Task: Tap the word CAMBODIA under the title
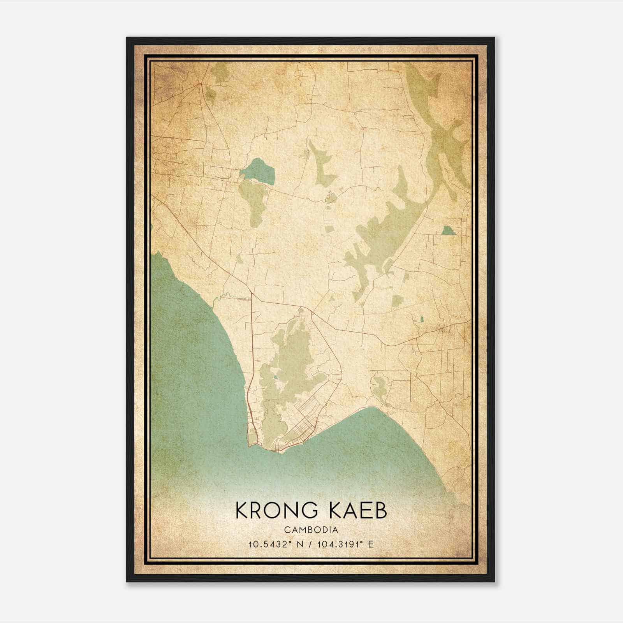(311, 530)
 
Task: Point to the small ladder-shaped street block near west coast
(244, 299)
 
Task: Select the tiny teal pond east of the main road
(421, 319)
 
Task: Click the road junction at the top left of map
(201, 84)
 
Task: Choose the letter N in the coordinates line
(299, 544)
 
